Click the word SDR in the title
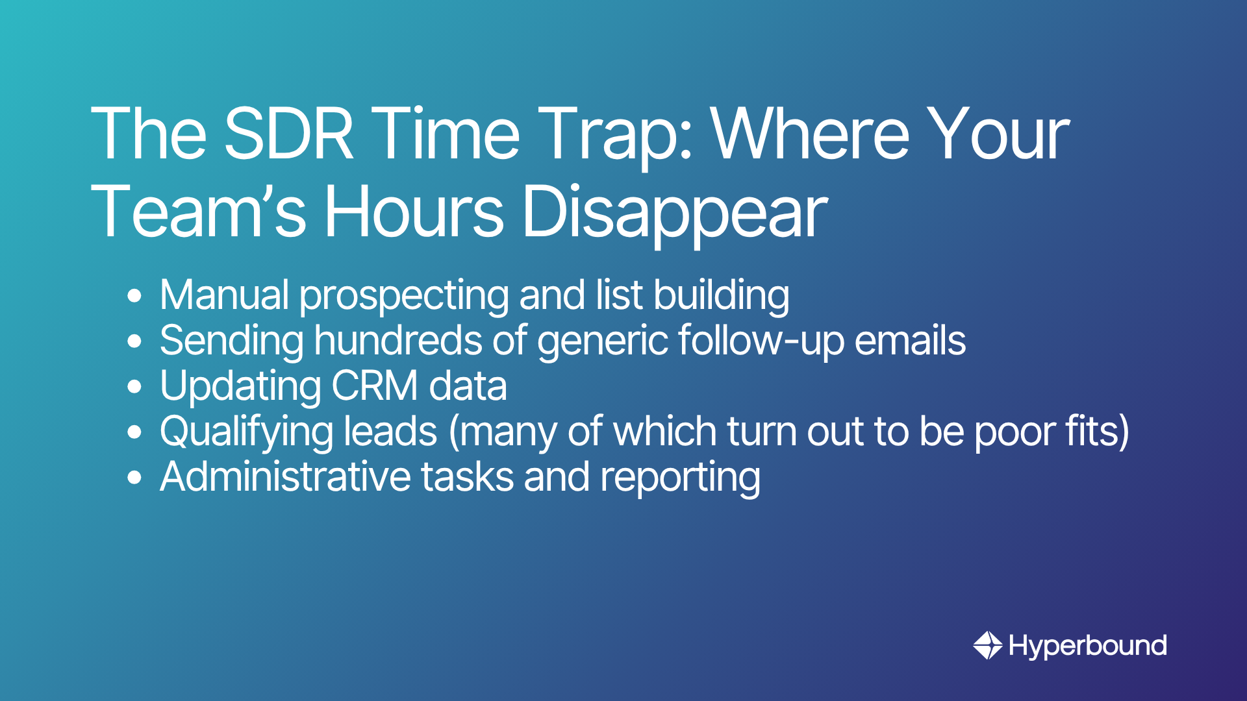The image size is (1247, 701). (x=289, y=134)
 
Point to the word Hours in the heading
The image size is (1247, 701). (x=414, y=212)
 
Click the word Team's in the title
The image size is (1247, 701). (x=199, y=212)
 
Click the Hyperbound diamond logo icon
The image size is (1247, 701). (x=988, y=645)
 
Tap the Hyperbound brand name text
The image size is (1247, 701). (x=1088, y=646)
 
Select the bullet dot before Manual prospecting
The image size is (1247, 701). (x=134, y=296)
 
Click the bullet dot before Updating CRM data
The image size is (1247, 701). (x=134, y=387)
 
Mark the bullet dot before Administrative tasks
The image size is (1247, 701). (x=134, y=478)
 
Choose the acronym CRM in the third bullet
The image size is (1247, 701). (x=375, y=387)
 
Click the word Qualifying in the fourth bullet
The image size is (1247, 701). (x=247, y=434)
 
